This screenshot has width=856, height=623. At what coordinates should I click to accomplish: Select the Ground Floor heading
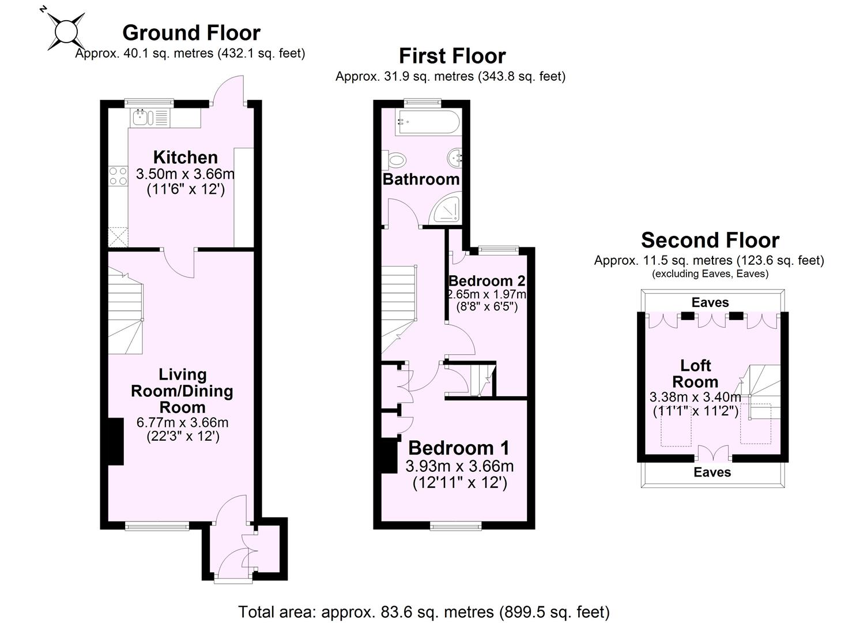(191, 32)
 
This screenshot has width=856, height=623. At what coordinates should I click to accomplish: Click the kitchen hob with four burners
(118, 176)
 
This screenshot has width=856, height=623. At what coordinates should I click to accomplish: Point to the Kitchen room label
(185, 157)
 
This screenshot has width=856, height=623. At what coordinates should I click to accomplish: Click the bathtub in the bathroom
(427, 122)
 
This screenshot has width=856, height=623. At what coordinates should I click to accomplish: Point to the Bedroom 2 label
(487, 281)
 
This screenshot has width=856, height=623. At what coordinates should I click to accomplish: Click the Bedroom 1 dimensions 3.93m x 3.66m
(459, 466)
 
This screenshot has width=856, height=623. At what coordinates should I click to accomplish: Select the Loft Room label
(695, 373)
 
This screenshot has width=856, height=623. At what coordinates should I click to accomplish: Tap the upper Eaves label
(710, 302)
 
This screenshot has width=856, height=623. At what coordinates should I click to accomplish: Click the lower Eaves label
(712, 472)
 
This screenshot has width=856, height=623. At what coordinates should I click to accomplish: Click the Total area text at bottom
(424, 611)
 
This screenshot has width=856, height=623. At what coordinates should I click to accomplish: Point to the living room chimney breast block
(116, 441)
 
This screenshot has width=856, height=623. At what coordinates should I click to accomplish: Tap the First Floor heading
(452, 56)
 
